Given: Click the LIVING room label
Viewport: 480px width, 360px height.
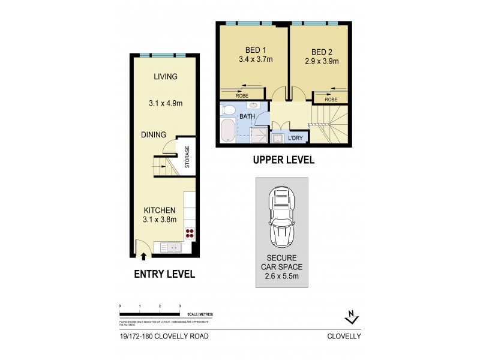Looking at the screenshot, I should [x=166, y=77].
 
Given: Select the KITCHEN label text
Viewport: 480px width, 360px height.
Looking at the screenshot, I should [x=159, y=211].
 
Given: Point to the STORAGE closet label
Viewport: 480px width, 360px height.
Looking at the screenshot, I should [x=187, y=157].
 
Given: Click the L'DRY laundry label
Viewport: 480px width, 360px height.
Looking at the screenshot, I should [x=295, y=139].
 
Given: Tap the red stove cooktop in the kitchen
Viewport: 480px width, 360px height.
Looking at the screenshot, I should [x=190, y=233].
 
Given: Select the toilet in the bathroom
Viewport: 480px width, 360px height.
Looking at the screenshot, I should [x=229, y=110].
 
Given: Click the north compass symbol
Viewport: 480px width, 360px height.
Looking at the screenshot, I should [x=350, y=317].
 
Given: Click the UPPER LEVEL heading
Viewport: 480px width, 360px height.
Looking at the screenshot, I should [x=283, y=161].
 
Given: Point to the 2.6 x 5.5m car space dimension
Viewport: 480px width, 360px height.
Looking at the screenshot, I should [x=281, y=277].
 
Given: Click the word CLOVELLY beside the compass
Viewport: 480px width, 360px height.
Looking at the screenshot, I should [x=344, y=337].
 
